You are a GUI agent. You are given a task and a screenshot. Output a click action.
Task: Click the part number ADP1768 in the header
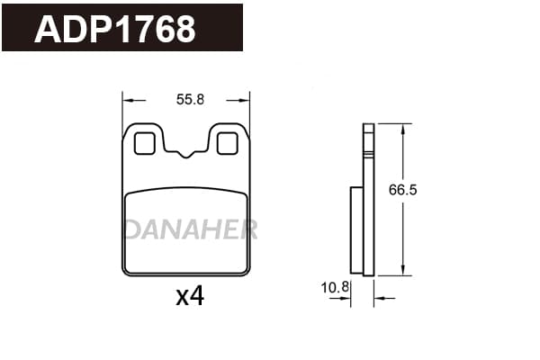(x=115, y=29)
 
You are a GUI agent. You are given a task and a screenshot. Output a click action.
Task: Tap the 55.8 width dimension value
(x=190, y=100)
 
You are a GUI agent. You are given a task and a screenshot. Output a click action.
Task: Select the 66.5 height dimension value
(x=402, y=190)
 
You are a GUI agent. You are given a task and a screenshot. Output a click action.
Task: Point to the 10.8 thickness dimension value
(x=335, y=287)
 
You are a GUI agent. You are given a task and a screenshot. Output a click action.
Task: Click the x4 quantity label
(x=190, y=296)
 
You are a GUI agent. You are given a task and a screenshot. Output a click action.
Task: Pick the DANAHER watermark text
(x=191, y=229)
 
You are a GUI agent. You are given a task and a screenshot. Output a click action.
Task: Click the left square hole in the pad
(x=144, y=143)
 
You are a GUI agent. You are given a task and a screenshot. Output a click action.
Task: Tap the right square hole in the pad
(x=228, y=143)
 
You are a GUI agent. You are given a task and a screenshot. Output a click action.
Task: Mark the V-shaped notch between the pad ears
(x=186, y=154)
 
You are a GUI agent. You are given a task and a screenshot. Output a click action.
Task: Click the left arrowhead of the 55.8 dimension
(x=128, y=101)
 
